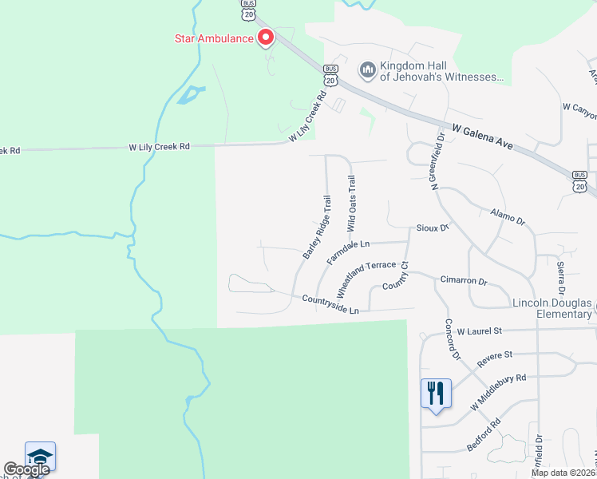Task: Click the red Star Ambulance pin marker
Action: click(x=265, y=37)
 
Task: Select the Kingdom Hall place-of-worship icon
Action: click(x=368, y=71)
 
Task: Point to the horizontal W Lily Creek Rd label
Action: click(x=160, y=147)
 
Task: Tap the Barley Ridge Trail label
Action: click(x=317, y=226)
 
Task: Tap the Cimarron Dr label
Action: click(x=463, y=281)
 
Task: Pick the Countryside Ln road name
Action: click(x=330, y=303)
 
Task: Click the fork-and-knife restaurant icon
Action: click(x=436, y=393)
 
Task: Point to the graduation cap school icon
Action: click(x=40, y=456)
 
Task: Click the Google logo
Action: click(x=26, y=469)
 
